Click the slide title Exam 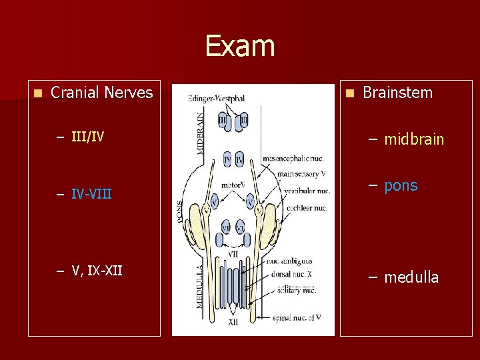point(239,46)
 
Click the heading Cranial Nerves point(101,93)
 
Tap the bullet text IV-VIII point(91,195)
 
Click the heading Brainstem point(397,93)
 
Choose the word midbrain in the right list point(414,139)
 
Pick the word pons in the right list point(401,185)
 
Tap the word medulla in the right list point(411,277)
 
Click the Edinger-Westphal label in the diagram point(216,98)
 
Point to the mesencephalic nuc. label point(293,158)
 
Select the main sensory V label point(301,173)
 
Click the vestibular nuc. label point(307,191)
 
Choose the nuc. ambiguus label point(289,262)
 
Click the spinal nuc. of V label point(296,317)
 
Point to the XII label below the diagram point(233,323)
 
